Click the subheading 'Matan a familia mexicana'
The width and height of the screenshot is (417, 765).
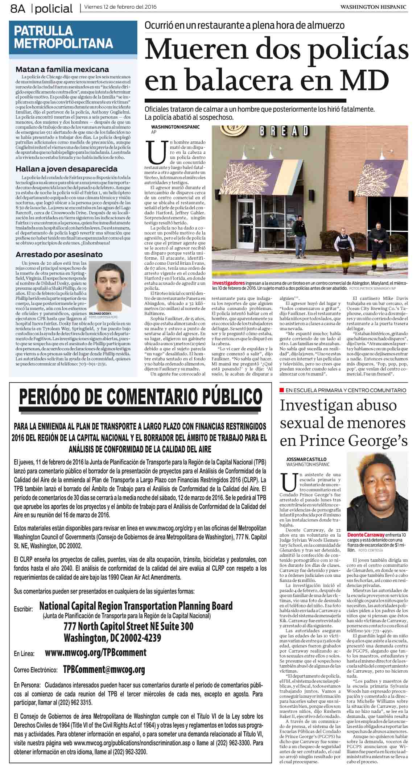coord(62,69)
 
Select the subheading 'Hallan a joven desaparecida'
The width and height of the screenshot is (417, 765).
coord(66,169)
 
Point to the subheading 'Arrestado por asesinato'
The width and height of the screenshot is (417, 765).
coord(59,254)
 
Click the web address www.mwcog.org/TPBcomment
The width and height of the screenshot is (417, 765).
coord(95,653)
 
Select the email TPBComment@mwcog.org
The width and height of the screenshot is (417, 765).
coord(104,669)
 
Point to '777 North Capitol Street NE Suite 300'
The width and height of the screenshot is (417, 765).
coord(128,626)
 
